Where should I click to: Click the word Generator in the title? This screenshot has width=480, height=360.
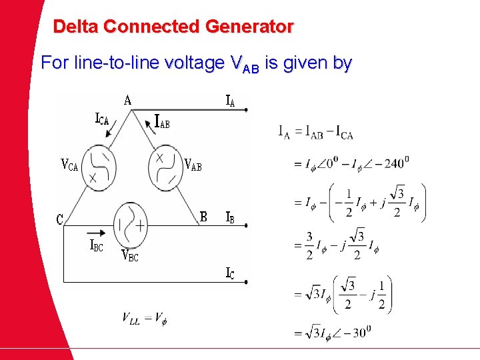pos(249,27)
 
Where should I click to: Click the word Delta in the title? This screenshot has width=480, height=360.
pos(77,27)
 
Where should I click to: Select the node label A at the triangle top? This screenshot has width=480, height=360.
pos(127,101)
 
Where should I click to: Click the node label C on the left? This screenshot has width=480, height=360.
pos(60,219)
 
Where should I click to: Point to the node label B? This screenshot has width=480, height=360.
pos(204,217)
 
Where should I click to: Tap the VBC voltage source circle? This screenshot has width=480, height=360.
pos(131,225)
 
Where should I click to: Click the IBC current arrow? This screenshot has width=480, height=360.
pos(96,233)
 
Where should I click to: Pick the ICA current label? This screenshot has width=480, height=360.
pos(101,121)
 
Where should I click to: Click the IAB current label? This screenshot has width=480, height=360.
pos(162,122)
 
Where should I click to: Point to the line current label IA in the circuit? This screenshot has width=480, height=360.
pos(229,101)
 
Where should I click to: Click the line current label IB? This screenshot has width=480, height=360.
pos(229,217)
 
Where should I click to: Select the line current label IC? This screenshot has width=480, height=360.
pos(230,273)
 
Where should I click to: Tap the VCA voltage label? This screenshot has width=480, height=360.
pos(69,165)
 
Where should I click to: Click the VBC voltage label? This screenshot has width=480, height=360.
pos(129,255)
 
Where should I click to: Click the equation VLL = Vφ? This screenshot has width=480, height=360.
pos(144,318)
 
